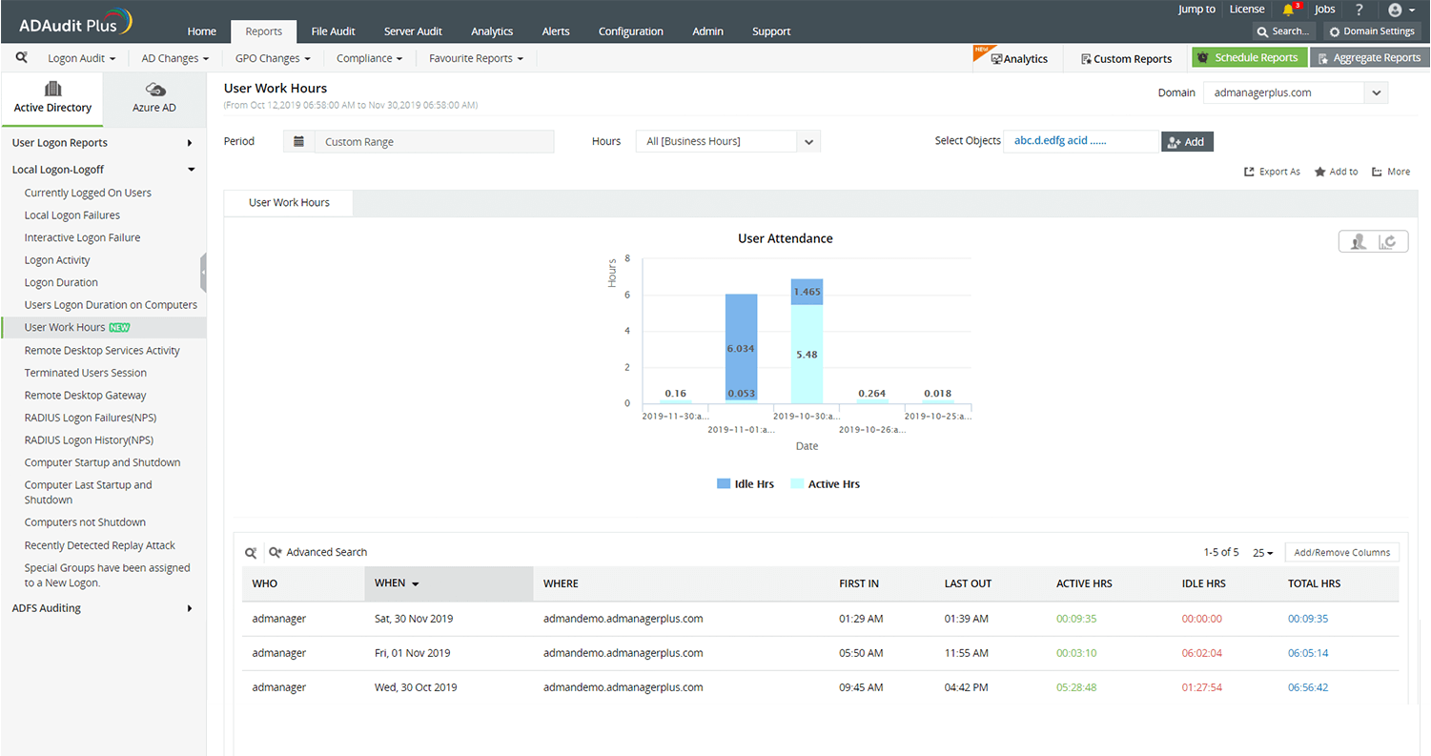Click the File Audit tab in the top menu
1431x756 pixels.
pos(333,31)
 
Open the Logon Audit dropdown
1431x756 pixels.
pos(81,58)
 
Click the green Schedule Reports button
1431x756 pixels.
pos(1249,58)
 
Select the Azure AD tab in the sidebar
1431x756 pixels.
pos(154,98)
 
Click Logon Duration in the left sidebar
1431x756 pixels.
pos(61,283)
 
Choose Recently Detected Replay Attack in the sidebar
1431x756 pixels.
pos(100,545)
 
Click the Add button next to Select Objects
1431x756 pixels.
pos(1187,142)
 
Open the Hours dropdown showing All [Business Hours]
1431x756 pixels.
pos(727,142)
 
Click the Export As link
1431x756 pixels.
pos(1273,172)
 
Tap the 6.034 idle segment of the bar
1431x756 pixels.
pos(741,349)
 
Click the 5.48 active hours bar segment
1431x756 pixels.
pos(807,355)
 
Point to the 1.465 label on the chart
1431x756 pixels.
pos(807,292)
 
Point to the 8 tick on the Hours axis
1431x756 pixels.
pos(626,258)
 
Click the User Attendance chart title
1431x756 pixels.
pos(785,239)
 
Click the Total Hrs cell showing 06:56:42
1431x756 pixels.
pos(1307,687)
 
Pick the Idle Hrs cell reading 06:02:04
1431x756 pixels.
pos(1201,653)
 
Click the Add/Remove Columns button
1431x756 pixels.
pos(1341,553)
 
